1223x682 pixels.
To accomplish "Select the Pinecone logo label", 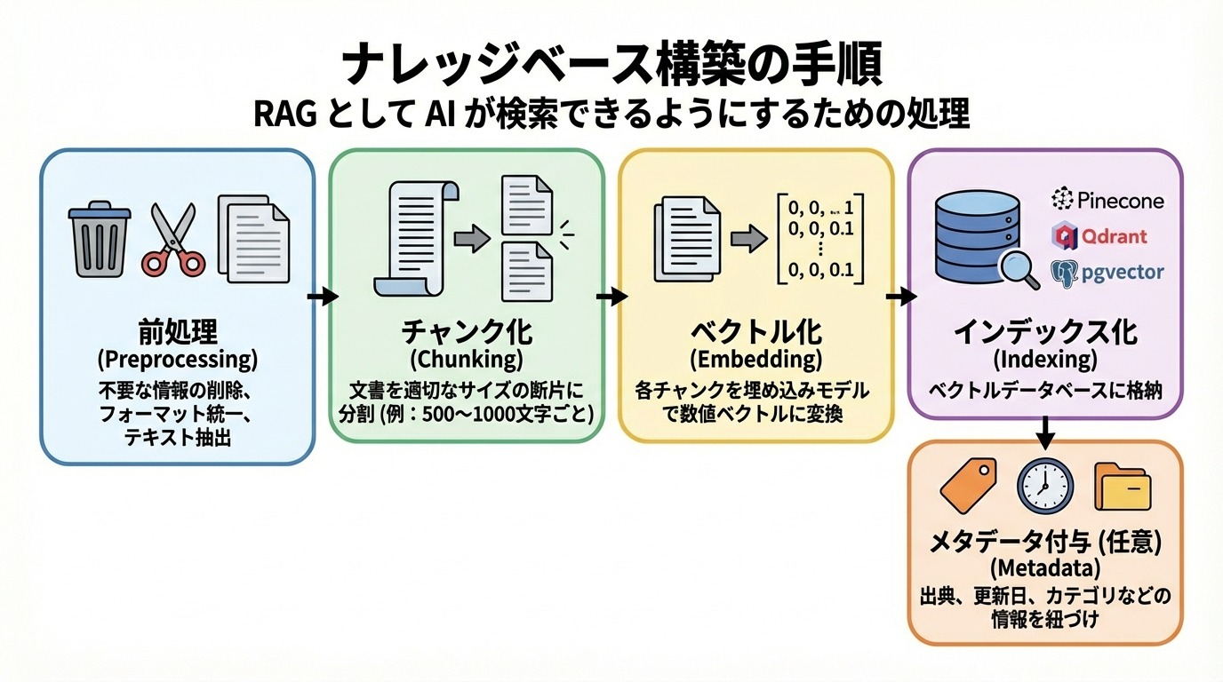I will pos(1107,200).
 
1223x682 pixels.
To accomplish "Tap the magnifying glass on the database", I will pos(1019,268).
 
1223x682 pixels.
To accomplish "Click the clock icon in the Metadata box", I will pos(1044,485).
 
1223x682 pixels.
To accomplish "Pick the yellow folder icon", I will pos(1122,486).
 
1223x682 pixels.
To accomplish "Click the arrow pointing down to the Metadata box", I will pos(1045,431).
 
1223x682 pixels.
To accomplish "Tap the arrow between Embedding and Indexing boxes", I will pos(899,297).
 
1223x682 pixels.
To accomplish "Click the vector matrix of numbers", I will pos(819,237).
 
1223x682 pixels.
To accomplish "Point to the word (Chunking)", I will pos(467,360).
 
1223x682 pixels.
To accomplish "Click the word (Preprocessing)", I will pos(178,360).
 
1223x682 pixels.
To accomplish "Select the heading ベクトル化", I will pos(756,332).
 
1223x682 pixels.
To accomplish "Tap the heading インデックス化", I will pos(1045,332).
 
